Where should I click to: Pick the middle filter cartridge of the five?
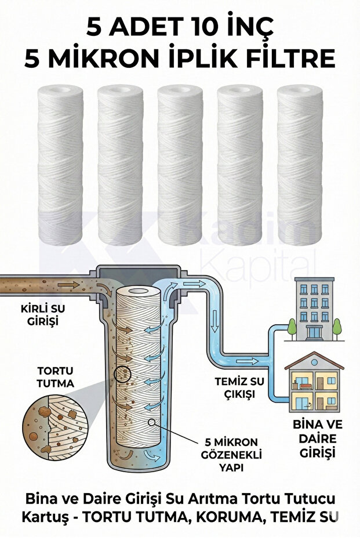tap(180, 165)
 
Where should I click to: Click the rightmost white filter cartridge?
tap(300, 165)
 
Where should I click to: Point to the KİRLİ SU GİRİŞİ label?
tap(43, 314)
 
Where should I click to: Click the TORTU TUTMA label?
tap(56, 377)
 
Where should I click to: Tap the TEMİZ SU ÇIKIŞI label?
tap(239, 387)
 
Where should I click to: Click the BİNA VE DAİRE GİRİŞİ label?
tap(318, 438)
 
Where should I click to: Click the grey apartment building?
tap(314, 309)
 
